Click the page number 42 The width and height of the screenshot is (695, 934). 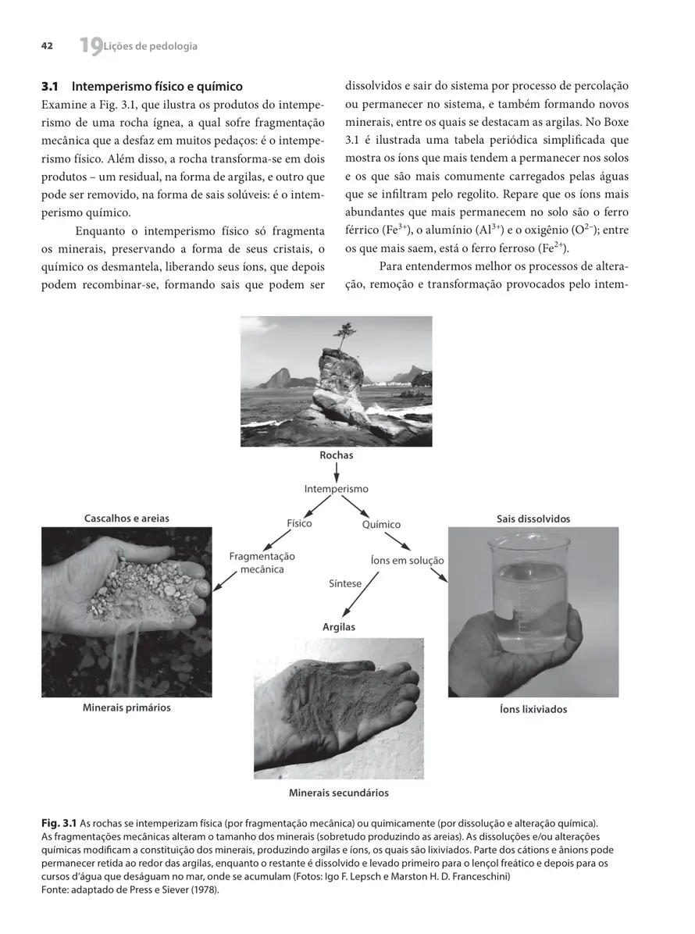pyautogui.click(x=47, y=46)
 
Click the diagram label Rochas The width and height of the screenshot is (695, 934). pyautogui.click(x=336, y=455)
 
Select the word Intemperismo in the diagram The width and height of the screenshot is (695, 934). pyautogui.click(x=336, y=489)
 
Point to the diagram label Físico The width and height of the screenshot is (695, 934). pyautogui.click(x=299, y=523)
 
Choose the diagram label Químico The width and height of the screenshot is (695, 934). pyautogui.click(x=381, y=525)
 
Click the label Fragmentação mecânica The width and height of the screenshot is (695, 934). pyautogui.click(x=262, y=563)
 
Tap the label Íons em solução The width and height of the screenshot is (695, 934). pyautogui.click(x=406, y=561)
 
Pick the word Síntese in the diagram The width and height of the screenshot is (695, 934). pyautogui.click(x=345, y=583)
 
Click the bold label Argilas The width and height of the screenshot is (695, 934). pyautogui.click(x=339, y=627)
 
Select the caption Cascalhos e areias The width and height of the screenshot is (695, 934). pyautogui.click(x=127, y=518)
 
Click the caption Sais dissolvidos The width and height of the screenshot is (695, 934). pyautogui.click(x=533, y=519)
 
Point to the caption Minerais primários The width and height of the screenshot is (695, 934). pyautogui.click(x=127, y=708)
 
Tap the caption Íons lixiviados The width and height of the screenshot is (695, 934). pyautogui.click(x=533, y=709)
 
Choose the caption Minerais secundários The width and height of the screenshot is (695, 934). pyautogui.click(x=339, y=793)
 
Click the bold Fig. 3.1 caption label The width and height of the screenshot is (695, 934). pyautogui.click(x=59, y=823)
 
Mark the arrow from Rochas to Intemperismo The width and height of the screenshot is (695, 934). pyautogui.click(x=336, y=472)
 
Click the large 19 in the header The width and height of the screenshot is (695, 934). pyautogui.click(x=90, y=47)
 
